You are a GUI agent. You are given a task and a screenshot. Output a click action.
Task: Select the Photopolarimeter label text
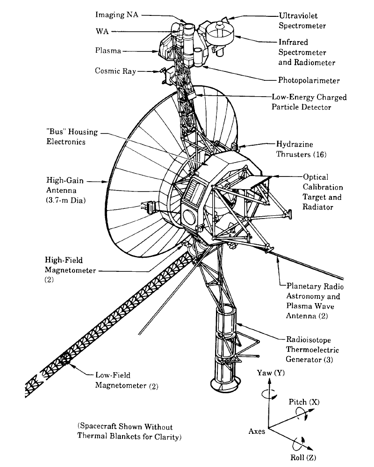[x=309, y=80]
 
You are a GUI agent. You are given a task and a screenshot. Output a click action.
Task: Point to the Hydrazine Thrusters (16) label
[x=301, y=149]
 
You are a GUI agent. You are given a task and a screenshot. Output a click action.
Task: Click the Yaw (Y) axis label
[x=271, y=373]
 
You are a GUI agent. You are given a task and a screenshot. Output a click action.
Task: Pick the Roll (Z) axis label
[x=303, y=457]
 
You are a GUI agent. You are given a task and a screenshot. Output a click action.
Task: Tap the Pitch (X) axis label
[x=304, y=402]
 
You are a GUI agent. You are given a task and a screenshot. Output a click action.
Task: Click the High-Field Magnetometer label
[x=70, y=265]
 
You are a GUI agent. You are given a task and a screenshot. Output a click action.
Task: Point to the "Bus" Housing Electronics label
[x=72, y=136]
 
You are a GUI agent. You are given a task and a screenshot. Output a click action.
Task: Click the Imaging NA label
[x=117, y=15]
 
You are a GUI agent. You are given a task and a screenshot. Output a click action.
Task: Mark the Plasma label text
[x=108, y=50]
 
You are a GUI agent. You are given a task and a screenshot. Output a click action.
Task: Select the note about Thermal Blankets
[x=125, y=432]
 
